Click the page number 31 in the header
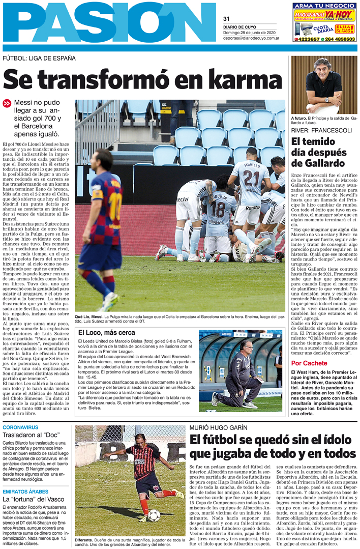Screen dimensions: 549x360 click(x=227, y=19)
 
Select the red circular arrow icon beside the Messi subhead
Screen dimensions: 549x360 click(x=7, y=103)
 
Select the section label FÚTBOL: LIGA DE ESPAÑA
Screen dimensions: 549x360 click(x=39, y=58)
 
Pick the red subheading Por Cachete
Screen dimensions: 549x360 click(x=309, y=363)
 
